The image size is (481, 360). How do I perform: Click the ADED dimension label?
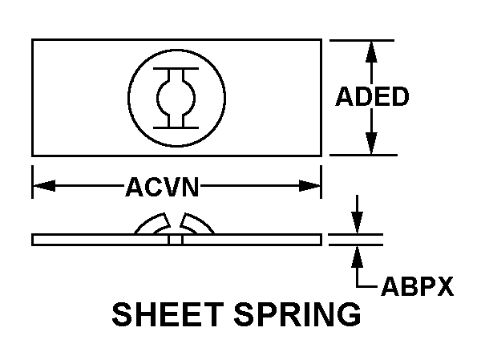[371, 97]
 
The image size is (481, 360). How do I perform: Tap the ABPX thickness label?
[416, 285]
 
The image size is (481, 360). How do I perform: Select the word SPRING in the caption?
[297, 314]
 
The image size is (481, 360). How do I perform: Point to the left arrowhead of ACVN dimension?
[41, 187]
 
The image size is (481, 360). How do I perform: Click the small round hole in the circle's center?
[176, 98]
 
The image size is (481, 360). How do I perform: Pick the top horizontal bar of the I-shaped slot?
[176, 71]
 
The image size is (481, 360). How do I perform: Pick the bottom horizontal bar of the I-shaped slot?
[176, 125]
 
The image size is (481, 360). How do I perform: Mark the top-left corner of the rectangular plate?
[33, 39]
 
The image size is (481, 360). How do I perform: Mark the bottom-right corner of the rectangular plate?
[321, 155]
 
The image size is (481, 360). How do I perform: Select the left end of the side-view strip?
[34, 239]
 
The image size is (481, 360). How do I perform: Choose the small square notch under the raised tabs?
[176, 239]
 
